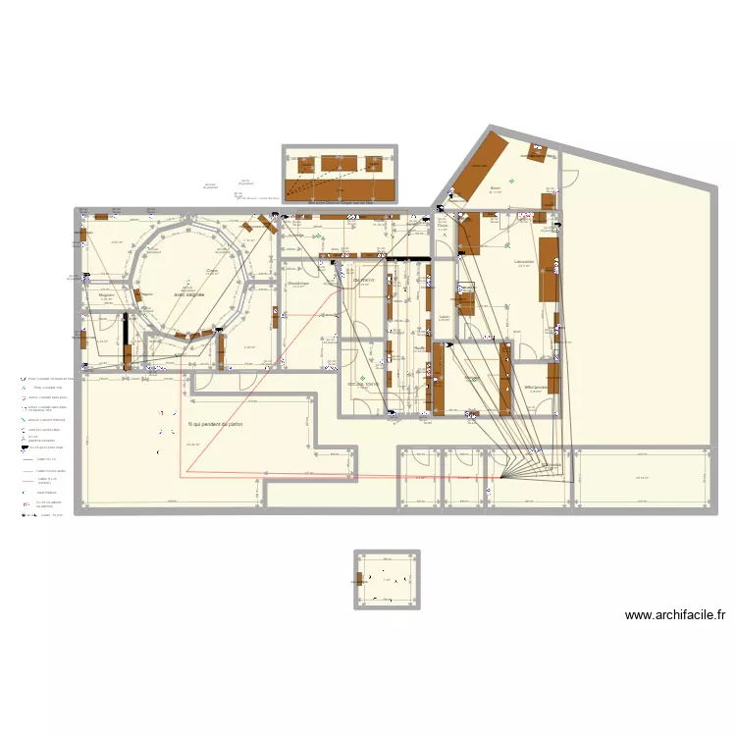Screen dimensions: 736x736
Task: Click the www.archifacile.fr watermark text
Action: coord(674,615)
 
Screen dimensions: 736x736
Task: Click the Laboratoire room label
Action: coord(523,262)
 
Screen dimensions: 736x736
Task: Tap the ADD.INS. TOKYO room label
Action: coord(362,384)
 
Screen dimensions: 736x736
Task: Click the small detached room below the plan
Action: coord(387,580)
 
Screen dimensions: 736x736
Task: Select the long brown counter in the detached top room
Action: coord(340,186)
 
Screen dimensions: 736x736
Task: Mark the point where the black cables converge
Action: coord(500,478)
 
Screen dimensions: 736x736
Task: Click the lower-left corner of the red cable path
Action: coord(183,475)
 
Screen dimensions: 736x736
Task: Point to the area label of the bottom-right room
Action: coord(643,478)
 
